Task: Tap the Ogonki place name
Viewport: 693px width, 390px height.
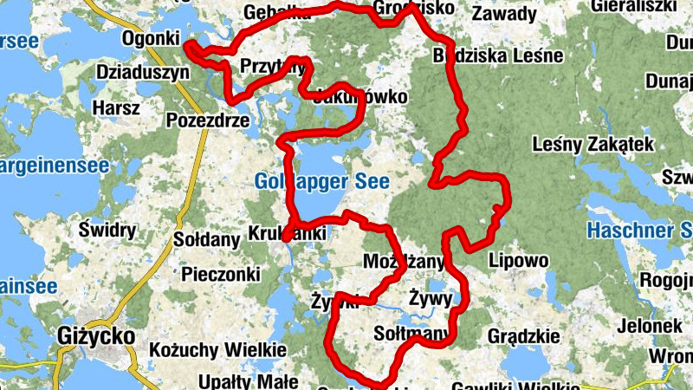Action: (x=151, y=39)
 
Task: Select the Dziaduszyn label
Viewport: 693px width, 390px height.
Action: (x=143, y=72)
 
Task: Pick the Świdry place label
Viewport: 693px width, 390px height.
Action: (x=107, y=230)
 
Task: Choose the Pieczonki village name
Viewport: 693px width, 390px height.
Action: (x=221, y=274)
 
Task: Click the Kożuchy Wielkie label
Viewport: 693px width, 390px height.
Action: (x=217, y=349)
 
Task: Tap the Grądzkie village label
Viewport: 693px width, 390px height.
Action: (x=523, y=335)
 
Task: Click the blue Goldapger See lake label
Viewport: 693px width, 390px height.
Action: (x=322, y=181)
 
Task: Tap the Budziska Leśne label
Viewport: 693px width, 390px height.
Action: (x=498, y=56)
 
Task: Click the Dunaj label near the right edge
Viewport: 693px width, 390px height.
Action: (x=669, y=81)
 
